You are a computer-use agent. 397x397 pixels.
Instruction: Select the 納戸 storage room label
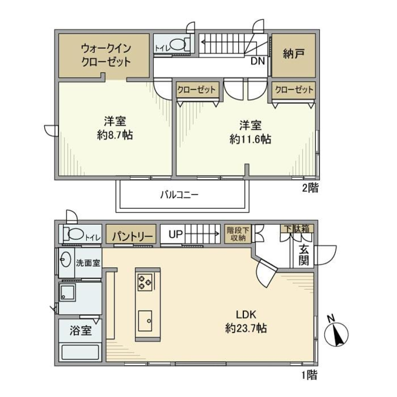(293, 55)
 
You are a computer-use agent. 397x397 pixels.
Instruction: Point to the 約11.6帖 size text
(251, 139)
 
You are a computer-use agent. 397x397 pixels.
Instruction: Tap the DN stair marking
(259, 62)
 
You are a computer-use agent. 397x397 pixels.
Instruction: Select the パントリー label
(131, 236)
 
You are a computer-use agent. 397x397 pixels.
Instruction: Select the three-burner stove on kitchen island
(145, 282)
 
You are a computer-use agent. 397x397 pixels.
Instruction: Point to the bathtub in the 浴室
(80, 353)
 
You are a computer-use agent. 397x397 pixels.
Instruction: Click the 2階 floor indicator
(310, 188)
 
